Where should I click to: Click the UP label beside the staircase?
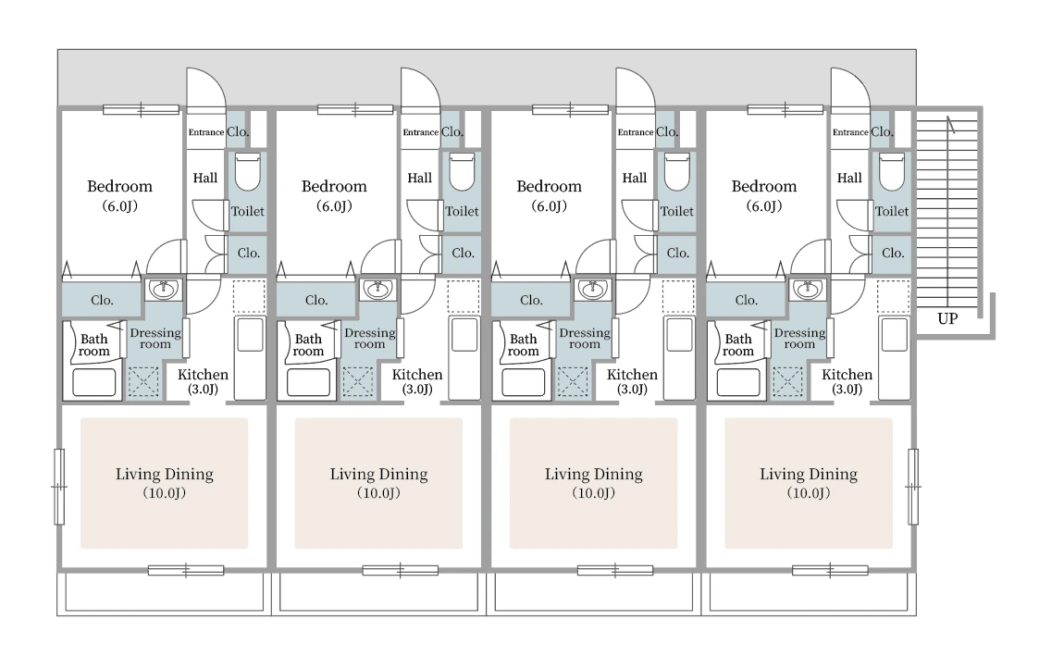947,318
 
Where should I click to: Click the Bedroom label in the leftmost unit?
120,186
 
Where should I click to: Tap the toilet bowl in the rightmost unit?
891,172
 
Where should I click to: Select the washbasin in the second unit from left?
377,290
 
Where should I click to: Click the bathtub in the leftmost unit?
94,382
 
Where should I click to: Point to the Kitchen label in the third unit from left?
632,375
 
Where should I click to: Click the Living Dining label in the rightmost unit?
809,474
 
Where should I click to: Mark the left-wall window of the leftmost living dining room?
59,487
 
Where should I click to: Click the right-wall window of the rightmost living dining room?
913,487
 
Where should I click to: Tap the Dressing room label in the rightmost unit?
799,338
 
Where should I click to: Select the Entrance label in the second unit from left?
421,132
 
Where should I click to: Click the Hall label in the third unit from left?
634,178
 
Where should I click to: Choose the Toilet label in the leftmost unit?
247,211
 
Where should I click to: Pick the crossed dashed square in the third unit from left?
573,382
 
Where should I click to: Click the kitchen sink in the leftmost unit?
251,336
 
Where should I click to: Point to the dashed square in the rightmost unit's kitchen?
893,296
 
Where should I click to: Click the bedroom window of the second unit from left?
355,109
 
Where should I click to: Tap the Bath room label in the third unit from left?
523,345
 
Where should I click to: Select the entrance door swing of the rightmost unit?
850,88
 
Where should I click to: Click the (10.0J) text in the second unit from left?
378,492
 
